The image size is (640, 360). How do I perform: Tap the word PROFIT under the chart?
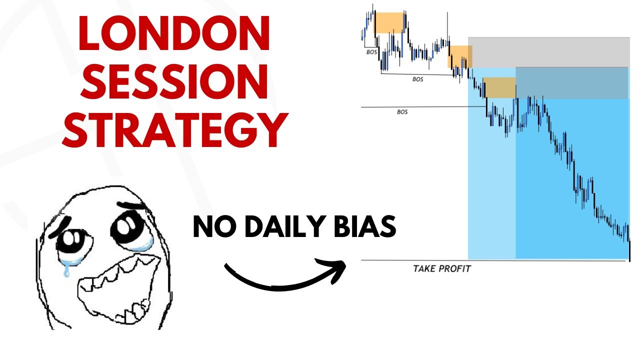tap(455, 268)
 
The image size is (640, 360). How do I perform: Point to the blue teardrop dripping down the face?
tap(65, 269)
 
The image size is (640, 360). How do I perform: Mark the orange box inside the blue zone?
tap(499, 87)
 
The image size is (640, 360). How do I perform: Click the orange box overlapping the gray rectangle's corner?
tap(459, 56)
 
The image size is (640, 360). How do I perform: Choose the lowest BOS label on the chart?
tap(402, 112)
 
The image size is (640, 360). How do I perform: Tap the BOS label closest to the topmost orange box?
tap(370, 51)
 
